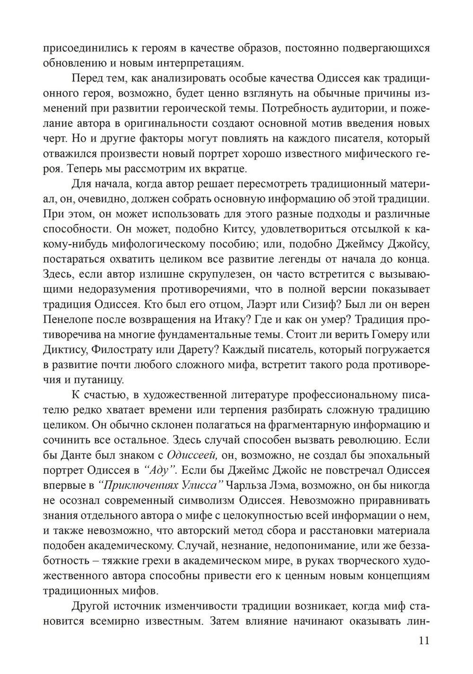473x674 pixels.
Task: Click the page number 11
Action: (424, 640)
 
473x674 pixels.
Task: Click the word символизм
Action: (205, 501)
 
